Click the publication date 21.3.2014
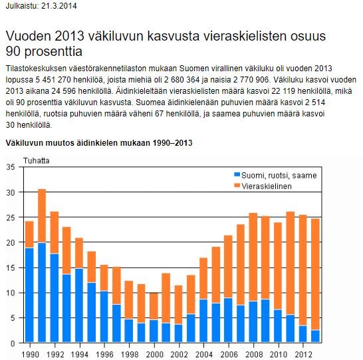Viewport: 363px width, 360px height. coord(59,5)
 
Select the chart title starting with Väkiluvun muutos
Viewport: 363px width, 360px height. coord(99,142)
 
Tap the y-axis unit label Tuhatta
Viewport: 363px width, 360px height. coord(37,161)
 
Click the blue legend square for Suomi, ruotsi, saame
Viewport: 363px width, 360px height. coord(237,174)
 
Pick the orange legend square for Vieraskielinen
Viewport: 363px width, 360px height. coord(237,186)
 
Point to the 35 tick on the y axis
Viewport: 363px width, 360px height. coord(11,167)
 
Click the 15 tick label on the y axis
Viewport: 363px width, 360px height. coord(11,268)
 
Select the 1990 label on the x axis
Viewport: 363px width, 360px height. coord(30,355)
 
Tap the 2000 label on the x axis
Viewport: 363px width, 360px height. coord(154,355)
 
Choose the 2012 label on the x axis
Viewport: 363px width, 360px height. coord(303,355)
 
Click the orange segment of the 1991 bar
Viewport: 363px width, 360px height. coord(42,216)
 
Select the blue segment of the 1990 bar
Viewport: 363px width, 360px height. coord(29,295)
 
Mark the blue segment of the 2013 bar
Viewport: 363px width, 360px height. coord(315,336)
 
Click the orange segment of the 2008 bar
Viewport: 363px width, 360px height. coord(253,257)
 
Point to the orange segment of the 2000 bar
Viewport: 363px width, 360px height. coord(154,306)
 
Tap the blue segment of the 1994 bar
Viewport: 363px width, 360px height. coord(79,305)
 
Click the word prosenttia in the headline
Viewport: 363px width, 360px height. coord(53,51)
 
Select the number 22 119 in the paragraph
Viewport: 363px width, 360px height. coord(283,91)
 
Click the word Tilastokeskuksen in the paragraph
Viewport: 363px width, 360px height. coord(36,69)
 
